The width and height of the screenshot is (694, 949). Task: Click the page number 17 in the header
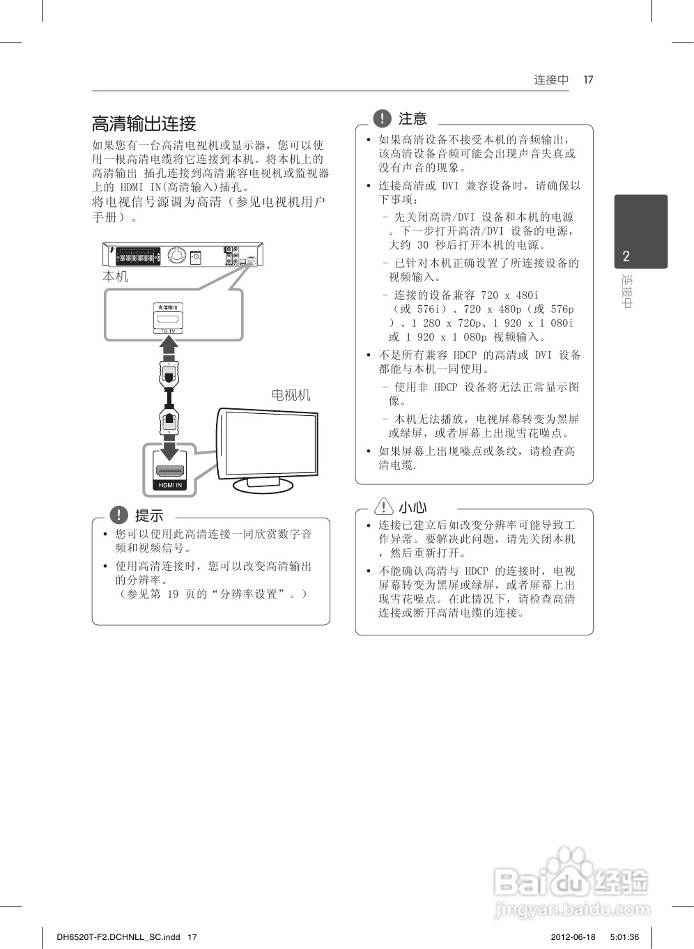tap(588, 79)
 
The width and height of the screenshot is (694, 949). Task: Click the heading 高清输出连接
tap(144, 124)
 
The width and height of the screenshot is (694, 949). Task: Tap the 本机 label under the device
tap(116, 277)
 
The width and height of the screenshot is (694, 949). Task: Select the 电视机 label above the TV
tap(291, 395)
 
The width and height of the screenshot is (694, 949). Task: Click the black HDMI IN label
tap(170, 485)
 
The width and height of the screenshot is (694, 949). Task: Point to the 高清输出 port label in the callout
tap(168, 307)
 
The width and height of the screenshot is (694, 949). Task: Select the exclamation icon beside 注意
tap(383, 118)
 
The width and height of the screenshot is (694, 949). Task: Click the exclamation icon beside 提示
tap(119, 516)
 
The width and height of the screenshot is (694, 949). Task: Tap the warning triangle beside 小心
tap(383, 507)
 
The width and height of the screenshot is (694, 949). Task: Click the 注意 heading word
tap(412, 119)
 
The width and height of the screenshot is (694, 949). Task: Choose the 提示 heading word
tap(149, 516)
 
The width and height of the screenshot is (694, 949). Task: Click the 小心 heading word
tap(412, 507)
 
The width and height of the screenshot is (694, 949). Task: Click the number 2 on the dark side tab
tap(626, 256)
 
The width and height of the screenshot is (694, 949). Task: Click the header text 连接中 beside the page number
tap(551, 79)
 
